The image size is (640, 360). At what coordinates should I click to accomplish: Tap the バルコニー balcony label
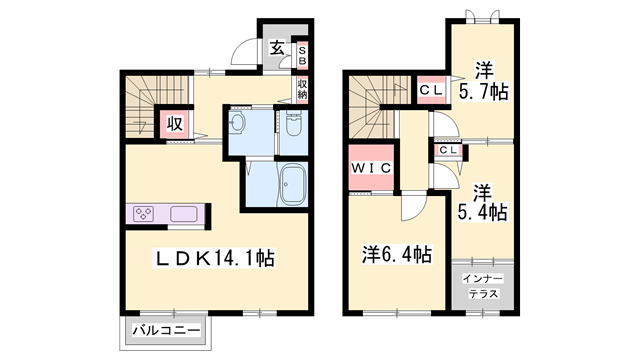(x=166, y=329)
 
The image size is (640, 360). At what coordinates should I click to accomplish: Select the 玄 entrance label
(x=277, y=47)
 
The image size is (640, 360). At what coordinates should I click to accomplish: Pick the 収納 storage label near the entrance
(x=302, y=89)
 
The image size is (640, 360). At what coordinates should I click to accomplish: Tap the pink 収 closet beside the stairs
(x=174, y=124)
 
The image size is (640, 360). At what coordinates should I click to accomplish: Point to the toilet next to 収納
(x=294, y=125)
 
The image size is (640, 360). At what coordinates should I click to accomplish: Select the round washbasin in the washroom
(x=236, y=124)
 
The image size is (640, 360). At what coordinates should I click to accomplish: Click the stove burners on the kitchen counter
(x=143, y=215)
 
